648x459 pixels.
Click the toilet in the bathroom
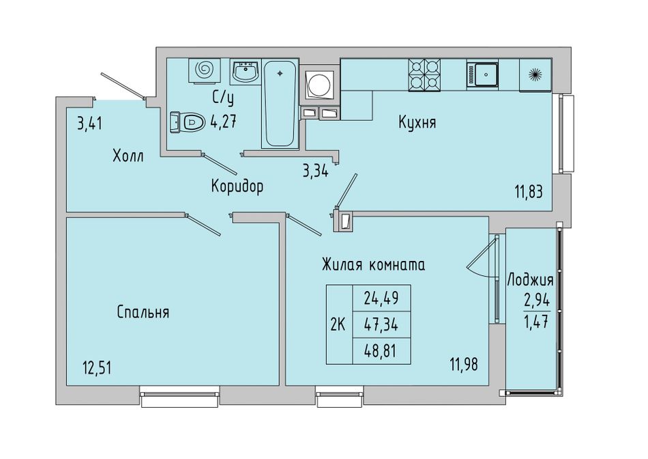point(187,122)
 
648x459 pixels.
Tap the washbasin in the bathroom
point(245,72)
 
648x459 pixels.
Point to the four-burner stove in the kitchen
point(424,75)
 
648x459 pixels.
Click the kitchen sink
point(482,74)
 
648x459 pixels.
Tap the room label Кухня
point(417,122)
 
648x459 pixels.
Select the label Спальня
point(143,312)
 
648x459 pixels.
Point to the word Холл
point(128,156)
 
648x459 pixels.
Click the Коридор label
point(237,186)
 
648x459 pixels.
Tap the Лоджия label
point(530,280)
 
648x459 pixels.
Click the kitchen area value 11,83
point(529,192)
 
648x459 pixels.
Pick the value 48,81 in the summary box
point(380,351)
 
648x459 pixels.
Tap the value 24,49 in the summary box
point(381,298)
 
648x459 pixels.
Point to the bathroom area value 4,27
point(223,122)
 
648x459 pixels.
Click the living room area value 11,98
point(464,365)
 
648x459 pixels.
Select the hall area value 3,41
point(89,124)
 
